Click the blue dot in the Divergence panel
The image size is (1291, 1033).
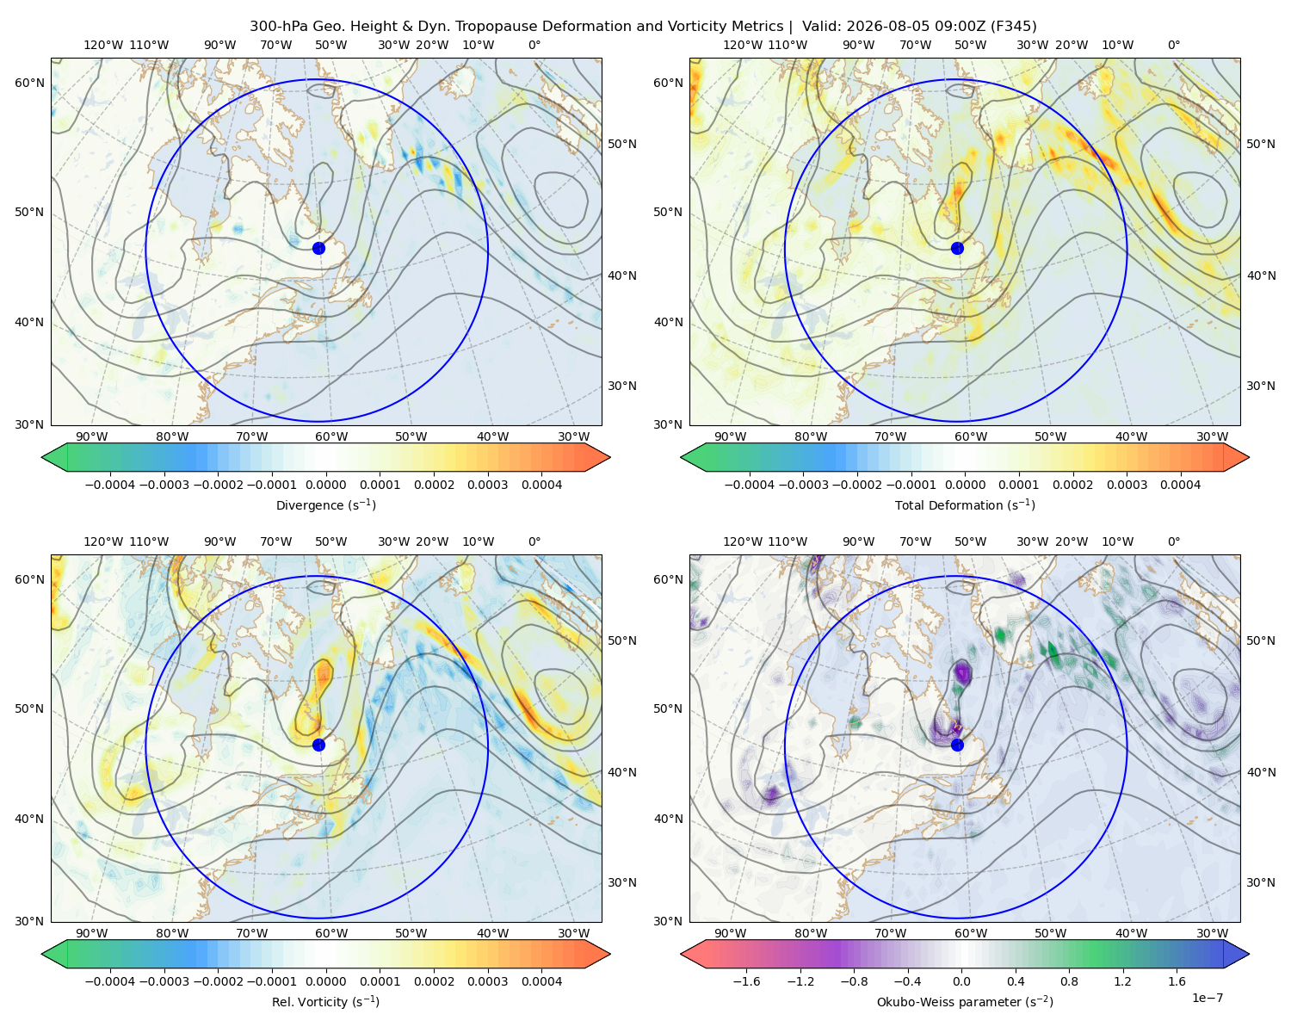[318, 248]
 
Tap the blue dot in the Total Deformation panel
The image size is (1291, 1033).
[957, 248]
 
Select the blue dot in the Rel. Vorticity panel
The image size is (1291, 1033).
[318, 745]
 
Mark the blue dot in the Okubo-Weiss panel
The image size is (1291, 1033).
[957, 745]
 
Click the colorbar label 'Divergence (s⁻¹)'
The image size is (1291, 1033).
[325, 504]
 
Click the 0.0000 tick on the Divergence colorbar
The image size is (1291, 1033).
[325, 485]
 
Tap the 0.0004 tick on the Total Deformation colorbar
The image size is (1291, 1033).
[1180, 485]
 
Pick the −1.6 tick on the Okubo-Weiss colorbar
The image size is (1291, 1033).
[746, 981]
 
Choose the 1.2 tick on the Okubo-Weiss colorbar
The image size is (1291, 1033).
[1122, 981]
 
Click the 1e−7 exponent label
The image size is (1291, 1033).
[1207, 998]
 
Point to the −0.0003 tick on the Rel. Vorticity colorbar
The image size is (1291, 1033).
[164, 981]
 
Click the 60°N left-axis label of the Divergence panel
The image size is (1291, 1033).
[29, 83]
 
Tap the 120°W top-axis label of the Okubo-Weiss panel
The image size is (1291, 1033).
[743, 541]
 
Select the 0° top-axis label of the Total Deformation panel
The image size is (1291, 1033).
[1173, 45]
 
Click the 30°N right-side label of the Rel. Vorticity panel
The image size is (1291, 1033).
[622, 882]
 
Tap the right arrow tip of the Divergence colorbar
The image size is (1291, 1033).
[610, 457]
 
